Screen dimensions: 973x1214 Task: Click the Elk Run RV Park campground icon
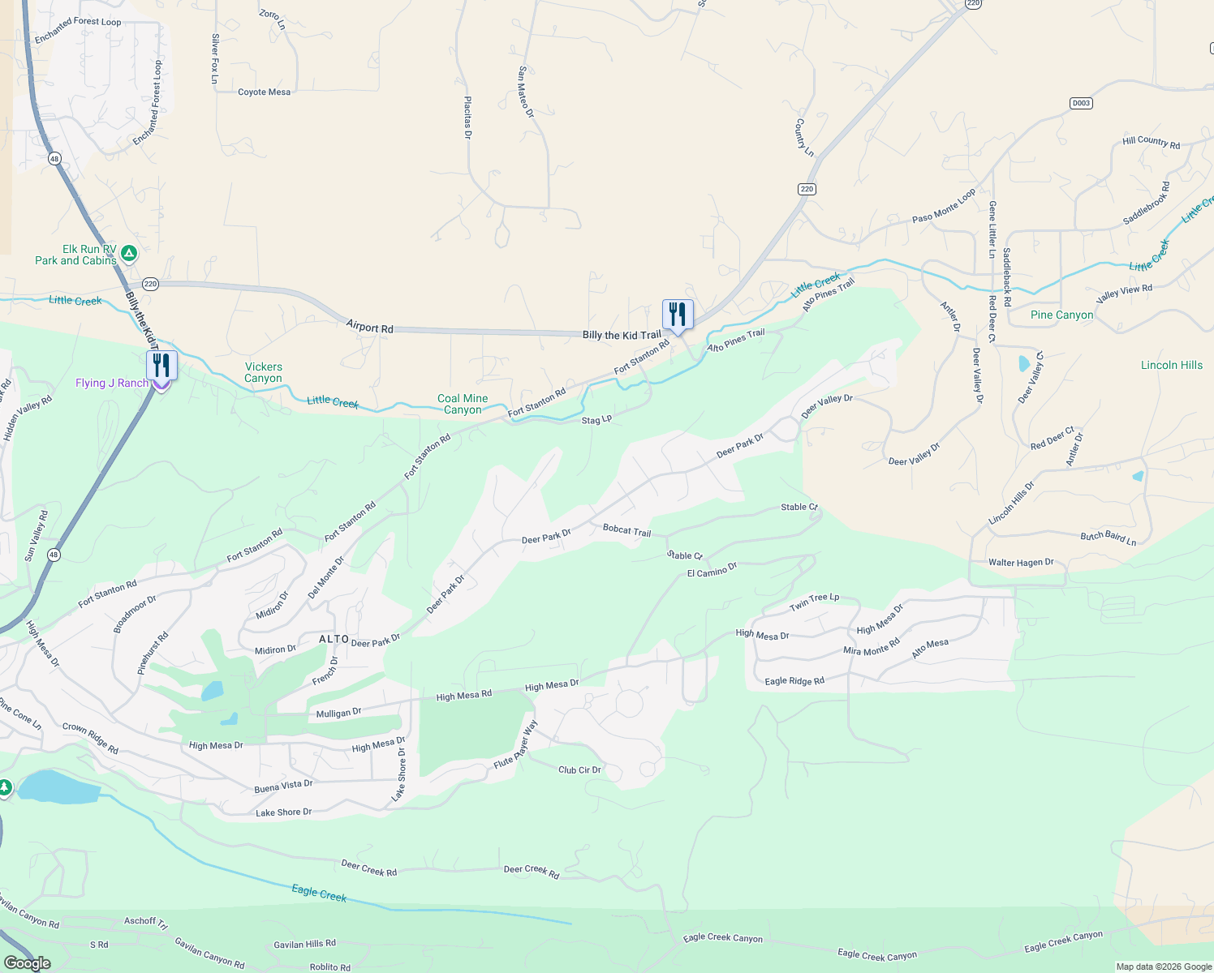[x=128, y=255]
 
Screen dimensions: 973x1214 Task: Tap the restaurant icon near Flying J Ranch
[x=161, y=366]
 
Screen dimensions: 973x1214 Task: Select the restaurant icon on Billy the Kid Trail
[x=678, y=315]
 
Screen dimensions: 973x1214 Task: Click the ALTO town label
[x=334, y=639]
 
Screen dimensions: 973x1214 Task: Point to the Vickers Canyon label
[x=264, y=372]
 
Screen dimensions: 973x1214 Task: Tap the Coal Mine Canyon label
[x=463, y=404]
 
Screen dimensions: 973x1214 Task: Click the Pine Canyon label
[x=1061, y=315]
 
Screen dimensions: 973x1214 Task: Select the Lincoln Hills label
[x=1171, y=365]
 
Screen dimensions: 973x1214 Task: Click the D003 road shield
[x=1081, y=103]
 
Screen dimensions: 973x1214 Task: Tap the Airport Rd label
[x=369, y=327]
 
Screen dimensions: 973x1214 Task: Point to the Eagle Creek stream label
[x=319, y=893]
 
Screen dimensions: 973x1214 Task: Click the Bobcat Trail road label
[x=626, y=530]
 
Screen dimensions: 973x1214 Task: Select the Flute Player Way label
[x=515, y=745]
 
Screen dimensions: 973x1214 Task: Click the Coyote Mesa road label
[x=264, y=92]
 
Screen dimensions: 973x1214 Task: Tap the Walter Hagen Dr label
[x=1021, y=562]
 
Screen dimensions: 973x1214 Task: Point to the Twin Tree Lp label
[x=814, y=602]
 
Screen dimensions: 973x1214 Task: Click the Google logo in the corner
[x=27, y=962]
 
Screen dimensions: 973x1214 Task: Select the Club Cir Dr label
[x=579, y=769]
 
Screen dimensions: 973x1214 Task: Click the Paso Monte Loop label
[x=944, y=207]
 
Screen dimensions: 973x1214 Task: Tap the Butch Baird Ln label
[x=1108, y=537]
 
